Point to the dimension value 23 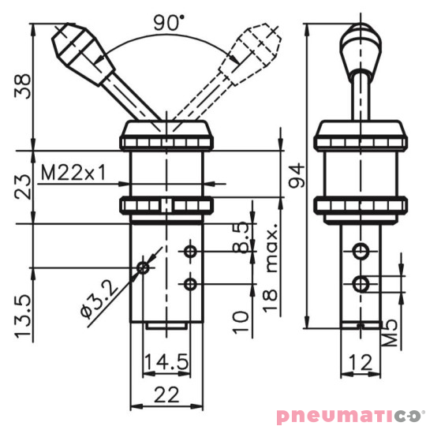coord(23,187)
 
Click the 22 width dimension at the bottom coord(166,394)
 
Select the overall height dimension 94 coord(295,173)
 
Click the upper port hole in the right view coord(361,252)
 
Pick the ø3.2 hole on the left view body coord(143,267)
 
